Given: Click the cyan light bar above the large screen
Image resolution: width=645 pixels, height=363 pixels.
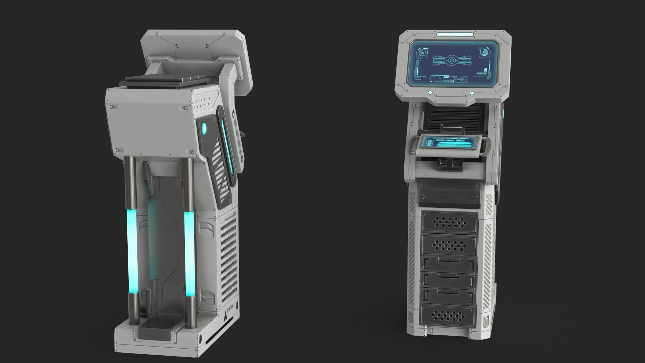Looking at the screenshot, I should (x=455, y=34).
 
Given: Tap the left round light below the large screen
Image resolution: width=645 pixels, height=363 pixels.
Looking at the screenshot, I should (x=430, y=93).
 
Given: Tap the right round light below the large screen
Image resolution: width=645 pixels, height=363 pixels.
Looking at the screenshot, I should (x=472, y=93).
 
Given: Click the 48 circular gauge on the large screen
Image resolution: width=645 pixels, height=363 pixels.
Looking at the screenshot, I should (x=422, y=53).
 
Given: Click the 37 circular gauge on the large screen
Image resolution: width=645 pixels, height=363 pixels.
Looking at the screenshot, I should (x=484, y=52).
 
